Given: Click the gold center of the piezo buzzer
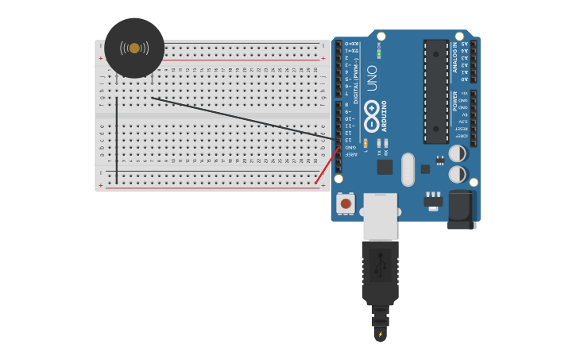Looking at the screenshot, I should [134, 48].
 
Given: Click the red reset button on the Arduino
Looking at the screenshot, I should [346, 203].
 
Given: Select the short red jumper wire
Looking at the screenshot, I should [327, 165].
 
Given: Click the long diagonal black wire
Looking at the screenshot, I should [238, 118].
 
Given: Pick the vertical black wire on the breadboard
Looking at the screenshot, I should [117, 140].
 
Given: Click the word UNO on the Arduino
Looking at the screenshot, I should [372, 78].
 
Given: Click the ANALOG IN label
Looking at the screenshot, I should [455, 57].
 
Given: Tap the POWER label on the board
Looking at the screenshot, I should [455, 100].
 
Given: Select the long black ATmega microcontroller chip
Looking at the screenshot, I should [435, 91].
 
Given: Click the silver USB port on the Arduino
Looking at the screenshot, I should [380, 216].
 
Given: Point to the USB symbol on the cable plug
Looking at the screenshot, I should [380, 265].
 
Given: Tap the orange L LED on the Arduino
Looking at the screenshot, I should [365, 143].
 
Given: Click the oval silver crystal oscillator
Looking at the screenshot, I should [408, 169].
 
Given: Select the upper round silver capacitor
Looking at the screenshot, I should [458, 153].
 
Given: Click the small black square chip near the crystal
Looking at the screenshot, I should [385, 167].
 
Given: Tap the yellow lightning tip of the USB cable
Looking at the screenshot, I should [380, 334].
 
